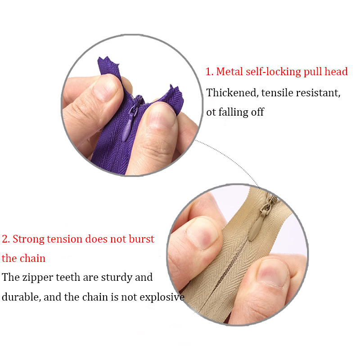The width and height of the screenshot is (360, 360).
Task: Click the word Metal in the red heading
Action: click(x=229, y=72)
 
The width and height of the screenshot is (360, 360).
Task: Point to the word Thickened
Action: click(x=232, y=93)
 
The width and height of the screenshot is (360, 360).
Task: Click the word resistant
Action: click(x=318, y=93)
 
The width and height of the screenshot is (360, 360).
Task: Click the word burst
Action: click(x=141, y=239)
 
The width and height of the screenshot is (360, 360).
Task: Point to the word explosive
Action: click(x=162, y=297)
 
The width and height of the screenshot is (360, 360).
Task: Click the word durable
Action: click(x=21, y=297)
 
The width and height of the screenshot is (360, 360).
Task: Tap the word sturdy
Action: click(x=117, y=278)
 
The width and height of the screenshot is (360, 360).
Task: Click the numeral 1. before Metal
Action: click(x=209, y=72)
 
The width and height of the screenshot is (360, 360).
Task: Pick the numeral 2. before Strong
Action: click(x=6, y=239)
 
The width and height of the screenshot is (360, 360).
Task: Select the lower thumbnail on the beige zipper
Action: click(x=273, y=273)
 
